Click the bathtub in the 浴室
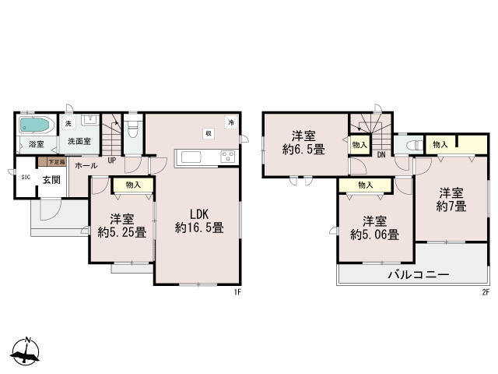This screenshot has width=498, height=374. coord(35,125)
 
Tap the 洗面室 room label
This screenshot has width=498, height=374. coord(79,142)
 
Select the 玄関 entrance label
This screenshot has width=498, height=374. coord(51,180)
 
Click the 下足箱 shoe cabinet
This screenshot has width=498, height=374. coord(56,162)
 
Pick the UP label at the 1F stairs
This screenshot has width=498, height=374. coord(112,161)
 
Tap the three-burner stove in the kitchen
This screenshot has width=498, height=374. coord(228,157)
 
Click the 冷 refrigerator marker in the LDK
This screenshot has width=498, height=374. coord(230,122)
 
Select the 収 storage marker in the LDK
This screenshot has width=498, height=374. coord(209,133)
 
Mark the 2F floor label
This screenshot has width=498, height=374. coord(484,292)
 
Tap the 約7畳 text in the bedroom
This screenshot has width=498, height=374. coord(451,206)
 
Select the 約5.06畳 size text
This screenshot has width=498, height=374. coord(374,234)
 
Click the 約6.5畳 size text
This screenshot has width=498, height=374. coord(303,148)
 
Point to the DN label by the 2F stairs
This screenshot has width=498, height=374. coord(381,154)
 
